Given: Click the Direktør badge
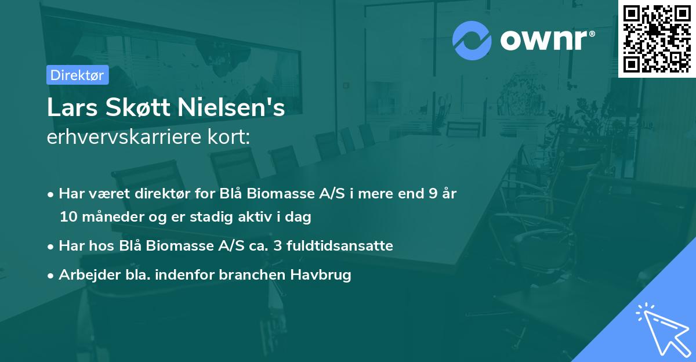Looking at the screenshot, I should (77, 75).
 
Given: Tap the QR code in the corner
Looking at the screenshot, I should (657, 38).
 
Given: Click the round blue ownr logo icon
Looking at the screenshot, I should (472, 41).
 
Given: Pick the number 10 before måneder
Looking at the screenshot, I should (67, 218).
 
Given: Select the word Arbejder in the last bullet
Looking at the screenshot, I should (85, 274).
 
